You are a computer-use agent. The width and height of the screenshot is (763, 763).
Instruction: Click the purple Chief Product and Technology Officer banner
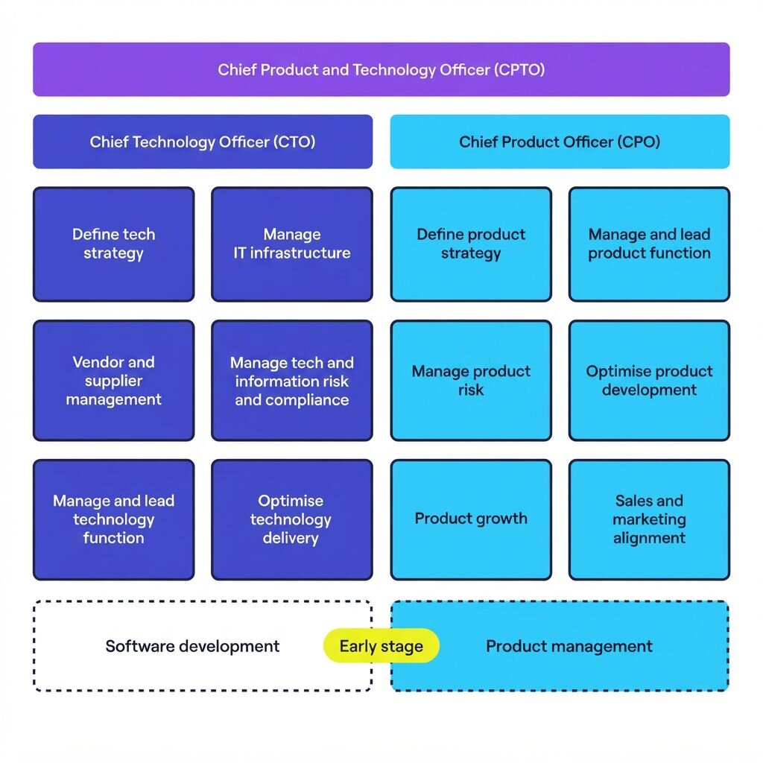381,69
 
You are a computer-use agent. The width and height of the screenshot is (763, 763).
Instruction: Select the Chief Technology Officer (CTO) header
203,142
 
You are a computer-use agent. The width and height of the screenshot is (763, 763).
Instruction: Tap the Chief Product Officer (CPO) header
560,142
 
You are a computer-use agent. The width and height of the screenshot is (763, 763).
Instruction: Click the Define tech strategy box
114,244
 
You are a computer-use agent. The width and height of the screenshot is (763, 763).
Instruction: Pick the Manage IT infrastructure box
292,244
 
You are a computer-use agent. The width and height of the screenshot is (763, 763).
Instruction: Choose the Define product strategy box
471,244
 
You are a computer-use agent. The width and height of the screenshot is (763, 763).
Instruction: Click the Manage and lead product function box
649,244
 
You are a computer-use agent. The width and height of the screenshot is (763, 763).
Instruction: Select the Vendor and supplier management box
114,381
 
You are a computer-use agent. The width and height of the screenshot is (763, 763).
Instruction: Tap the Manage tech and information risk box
292,381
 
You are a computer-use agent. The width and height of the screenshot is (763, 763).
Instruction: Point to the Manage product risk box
471,381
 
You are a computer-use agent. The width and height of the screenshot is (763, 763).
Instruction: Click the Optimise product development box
649,381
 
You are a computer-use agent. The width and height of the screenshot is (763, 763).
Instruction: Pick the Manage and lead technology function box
114,519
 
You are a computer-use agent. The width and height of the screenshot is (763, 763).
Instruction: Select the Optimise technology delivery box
292,519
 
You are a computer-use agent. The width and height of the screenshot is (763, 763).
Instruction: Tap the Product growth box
471,519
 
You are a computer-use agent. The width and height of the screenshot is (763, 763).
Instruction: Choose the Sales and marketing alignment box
649,519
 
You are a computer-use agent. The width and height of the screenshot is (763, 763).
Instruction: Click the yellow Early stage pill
381,646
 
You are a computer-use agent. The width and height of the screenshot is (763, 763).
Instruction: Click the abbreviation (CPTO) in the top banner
519,70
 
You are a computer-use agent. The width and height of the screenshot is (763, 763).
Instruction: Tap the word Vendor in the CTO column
93,362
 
